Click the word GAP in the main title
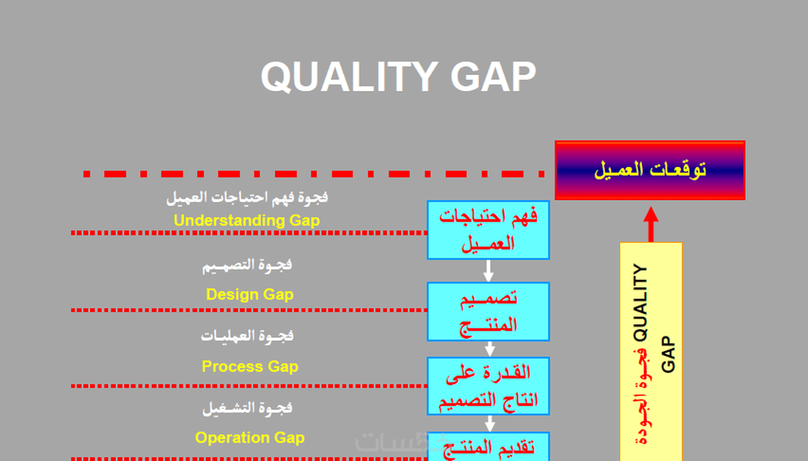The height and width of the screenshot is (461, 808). (x=493, y=76)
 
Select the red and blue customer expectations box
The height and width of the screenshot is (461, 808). (x=650, y=170)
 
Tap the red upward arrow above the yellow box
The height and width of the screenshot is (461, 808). (x=651, y=224)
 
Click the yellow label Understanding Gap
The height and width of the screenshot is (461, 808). (x=247, y=221)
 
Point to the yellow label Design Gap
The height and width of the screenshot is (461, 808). (x=250, y=294)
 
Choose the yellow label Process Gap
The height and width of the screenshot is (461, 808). (x=250, y=366)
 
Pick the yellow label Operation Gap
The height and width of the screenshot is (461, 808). (x=250, y=438)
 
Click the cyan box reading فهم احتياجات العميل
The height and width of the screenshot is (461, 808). (x=489, y=230)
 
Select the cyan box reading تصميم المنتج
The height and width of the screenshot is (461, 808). (x=489, y=312)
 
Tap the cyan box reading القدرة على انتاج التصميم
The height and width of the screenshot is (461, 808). (x=489, y=386)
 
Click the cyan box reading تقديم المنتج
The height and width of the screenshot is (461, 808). (x=489, y=447)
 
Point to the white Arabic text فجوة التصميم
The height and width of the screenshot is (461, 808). (x=247, y=266)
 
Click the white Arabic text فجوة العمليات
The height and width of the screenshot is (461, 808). (x=247, y=336)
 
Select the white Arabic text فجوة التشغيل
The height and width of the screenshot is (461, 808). (x=248, y=408)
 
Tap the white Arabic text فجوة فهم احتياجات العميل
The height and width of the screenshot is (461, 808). (x=247, y=198)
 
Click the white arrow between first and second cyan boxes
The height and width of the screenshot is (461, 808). (x=489, y=271)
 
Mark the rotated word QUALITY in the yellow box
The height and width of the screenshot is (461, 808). (x=641, y=302)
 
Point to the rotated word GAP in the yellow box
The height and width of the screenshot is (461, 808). (x=668, y=354)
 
